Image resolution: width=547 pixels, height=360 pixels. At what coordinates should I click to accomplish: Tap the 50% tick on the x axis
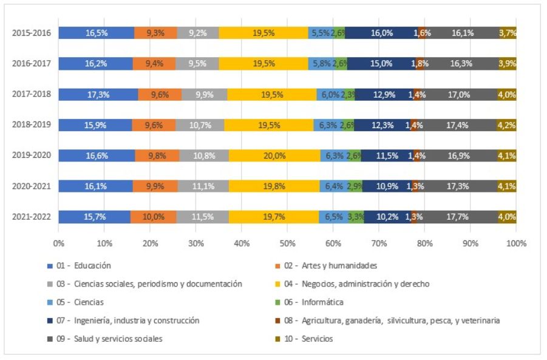pos(287,243)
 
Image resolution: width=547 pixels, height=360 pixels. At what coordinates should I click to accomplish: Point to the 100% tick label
pos(515,243)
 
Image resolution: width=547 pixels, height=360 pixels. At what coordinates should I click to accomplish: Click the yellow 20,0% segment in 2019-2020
pos(274,155)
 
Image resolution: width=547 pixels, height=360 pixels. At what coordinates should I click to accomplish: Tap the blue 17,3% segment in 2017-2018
pos(98,94)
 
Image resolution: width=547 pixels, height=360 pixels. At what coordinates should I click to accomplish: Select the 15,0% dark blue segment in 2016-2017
pos(381,63)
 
